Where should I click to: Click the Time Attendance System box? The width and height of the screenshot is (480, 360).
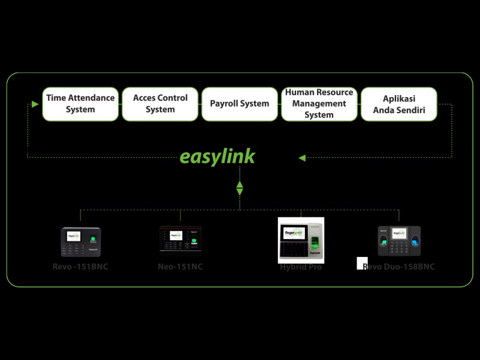[x=80, y=104]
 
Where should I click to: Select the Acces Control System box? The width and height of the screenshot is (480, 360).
[x=160, y=104]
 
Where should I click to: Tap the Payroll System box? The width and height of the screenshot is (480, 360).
[x=240, y=104]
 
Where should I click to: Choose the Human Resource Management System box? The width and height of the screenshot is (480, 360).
[x=319, y=104]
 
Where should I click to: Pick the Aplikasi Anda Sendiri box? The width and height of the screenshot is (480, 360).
[x=399, y=104]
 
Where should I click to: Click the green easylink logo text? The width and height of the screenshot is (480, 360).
[x=218, y=157]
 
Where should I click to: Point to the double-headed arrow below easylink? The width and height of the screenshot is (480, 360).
[x=240, y=188]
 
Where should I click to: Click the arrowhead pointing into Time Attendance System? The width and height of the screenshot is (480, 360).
[x=35, y=104]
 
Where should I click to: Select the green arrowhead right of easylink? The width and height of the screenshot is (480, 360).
[x=302, y=158]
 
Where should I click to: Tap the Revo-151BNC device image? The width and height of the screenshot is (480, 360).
[x=81, y=242]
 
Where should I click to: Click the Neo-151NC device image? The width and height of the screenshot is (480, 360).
[x=180, y=241]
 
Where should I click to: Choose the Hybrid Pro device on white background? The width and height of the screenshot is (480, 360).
[x=301, y=240]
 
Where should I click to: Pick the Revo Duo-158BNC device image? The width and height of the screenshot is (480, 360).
[x=399, y=241]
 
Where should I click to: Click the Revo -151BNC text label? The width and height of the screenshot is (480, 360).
[x=80, y=267]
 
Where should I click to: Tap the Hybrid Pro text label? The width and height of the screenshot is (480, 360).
[x=301, y=267]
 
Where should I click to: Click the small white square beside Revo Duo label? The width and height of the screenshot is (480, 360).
[x=361, y=263]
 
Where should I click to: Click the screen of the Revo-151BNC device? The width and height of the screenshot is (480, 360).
[x=74, y=236]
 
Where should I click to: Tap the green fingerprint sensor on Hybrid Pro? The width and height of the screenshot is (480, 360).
[x=315, y=242]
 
